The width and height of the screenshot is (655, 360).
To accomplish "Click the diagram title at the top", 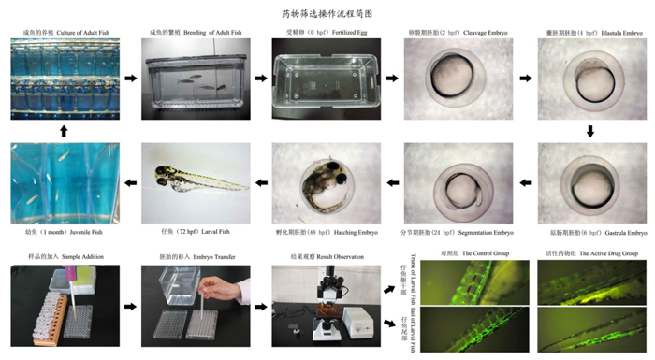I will click(x=327, y=14).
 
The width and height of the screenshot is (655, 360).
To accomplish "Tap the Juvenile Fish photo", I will click(x=64, y=183).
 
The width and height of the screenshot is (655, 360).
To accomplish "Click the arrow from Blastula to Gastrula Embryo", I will click(x=589, y=131).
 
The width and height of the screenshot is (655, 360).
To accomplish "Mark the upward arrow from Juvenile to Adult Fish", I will click(x=64, y=131).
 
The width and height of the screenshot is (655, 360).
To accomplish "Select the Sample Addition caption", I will click(x=64, y=256).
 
